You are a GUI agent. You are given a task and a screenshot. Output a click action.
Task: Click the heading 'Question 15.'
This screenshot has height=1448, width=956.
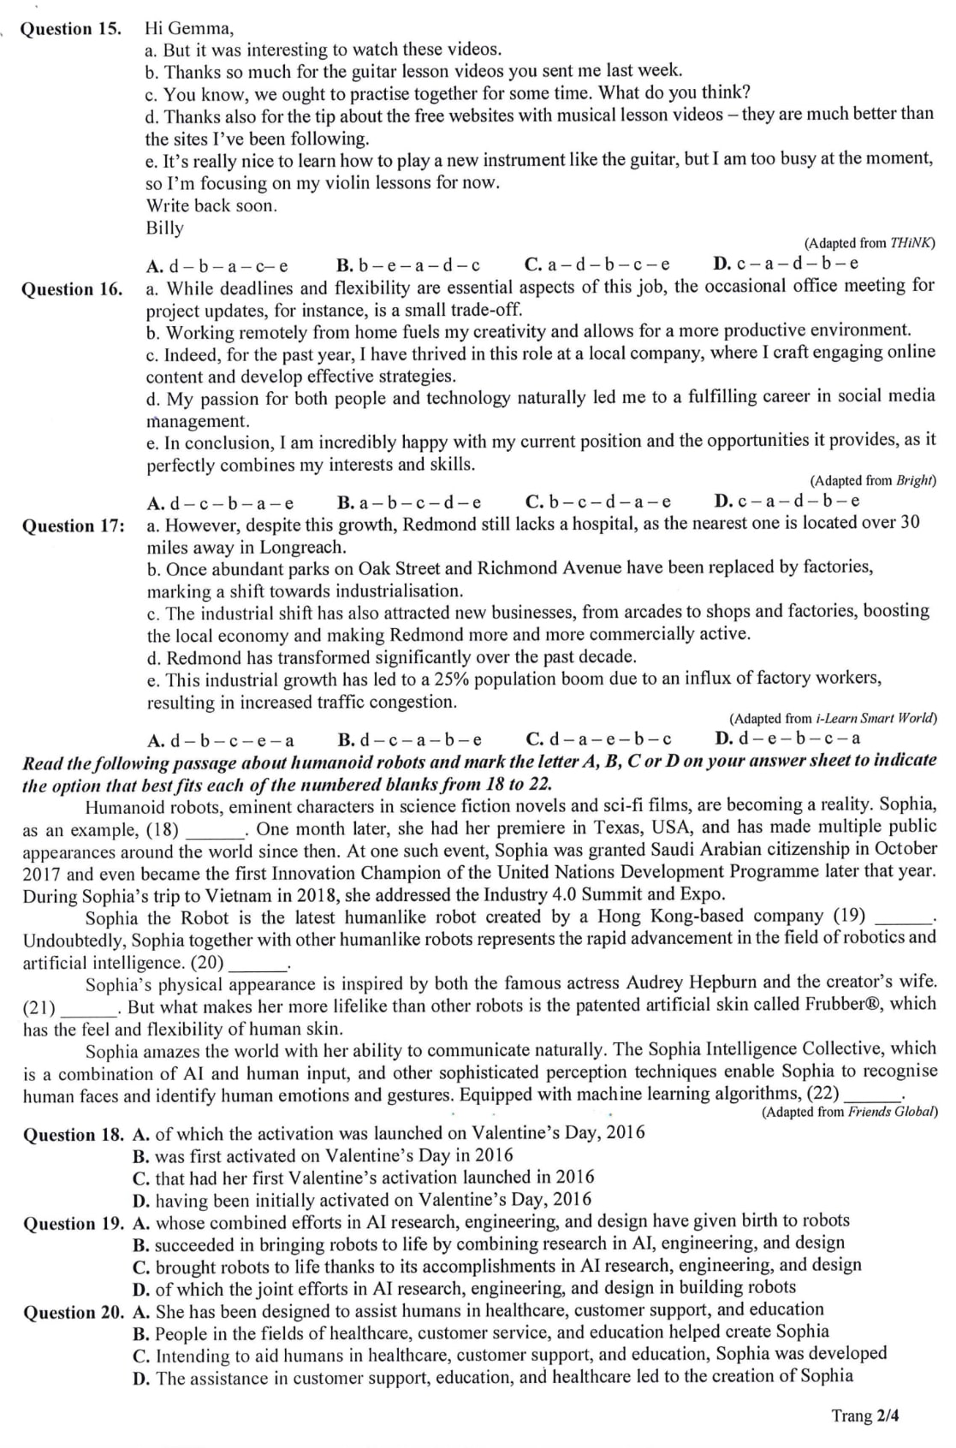71,29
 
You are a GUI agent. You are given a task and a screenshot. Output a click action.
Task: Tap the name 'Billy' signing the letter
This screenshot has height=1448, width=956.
164,228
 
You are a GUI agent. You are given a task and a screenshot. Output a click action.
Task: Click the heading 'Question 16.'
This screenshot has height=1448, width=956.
72,289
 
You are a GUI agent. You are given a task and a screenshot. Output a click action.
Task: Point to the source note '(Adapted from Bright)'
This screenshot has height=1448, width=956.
873,481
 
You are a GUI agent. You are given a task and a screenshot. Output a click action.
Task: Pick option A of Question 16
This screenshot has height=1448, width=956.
221,502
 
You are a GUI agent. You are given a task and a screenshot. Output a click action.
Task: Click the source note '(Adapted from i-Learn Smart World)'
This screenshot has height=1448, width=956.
833,719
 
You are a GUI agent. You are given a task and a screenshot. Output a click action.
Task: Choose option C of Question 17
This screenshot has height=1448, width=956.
598,739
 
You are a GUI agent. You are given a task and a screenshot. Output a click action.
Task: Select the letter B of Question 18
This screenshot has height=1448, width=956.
141,1156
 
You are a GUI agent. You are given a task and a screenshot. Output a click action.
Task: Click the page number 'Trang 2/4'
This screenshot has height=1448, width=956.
865,1415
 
